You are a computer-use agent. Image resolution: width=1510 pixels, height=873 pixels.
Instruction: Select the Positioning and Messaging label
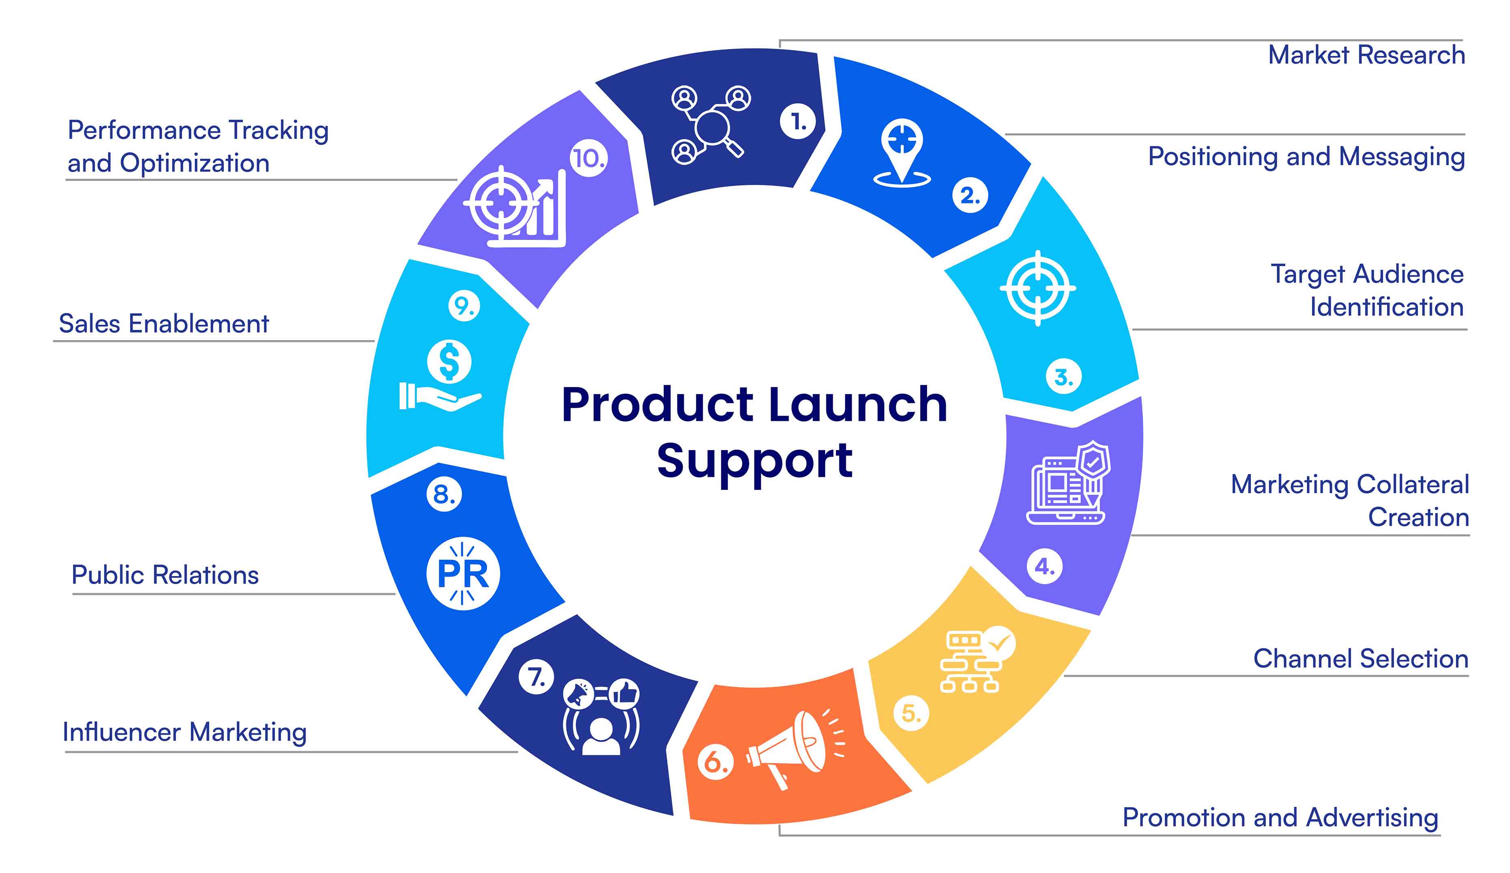[1306, 157]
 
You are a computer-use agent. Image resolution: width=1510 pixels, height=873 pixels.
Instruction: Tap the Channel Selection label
[1361, 659]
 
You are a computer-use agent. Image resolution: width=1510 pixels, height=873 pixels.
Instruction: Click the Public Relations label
[165, 575]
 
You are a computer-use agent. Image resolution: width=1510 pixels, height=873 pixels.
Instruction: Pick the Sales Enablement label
[164, 324]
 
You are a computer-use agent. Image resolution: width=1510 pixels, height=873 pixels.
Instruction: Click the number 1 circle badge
[797, 121]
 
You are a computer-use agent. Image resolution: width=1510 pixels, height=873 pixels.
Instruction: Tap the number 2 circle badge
[970, 195]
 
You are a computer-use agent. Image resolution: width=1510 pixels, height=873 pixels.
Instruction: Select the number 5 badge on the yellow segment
[911, 713]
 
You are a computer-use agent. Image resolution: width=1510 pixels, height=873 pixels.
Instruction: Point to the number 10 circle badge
[588, 159]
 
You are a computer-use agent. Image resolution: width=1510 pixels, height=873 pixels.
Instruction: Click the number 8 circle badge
[444, 494]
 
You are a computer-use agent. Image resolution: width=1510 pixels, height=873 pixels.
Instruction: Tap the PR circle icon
[463, 573]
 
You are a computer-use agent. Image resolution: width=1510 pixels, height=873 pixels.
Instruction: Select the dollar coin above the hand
[449, 362]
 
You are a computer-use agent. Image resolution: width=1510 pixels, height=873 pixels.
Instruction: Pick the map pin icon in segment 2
[902, 153]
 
